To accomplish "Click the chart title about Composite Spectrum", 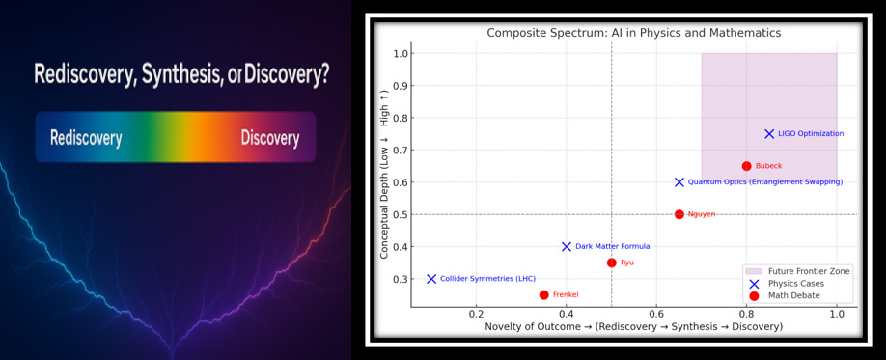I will pyautogui.click(x=633, y=33).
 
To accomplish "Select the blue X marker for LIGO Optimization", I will pyautogui.click(x=769, y=134).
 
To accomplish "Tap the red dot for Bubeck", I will pyautogui.click(x=746, y=166).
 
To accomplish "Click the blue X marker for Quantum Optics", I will pyautogui.click(x=679, y=182).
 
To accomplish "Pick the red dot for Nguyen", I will pyautogui.click(x=679, y=214).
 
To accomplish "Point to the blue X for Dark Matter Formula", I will pyautogui.click(x=567, y=247).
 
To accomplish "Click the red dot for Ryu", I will pyautogui.click(x=611, y=263).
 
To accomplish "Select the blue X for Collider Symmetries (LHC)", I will pyautogui.click(x=431, y=279).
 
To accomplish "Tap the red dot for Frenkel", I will pyautogui.click(x=544, y=295).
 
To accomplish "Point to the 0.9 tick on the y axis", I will pyautogui.click(x=400, y=86).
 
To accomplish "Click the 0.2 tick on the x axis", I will pyautogui.click(x=476, y=315).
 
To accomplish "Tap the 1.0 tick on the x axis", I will pyautogui.click(x=837, y=315).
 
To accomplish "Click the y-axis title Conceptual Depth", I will pyautogui.click(x=384, y=181).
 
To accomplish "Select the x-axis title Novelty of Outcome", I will pyautogui.click(x=633, y=328).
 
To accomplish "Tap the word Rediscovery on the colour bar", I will pyautogui.click(x=86, y=138).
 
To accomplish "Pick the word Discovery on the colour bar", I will pyautogui.click(x=269, y=138).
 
